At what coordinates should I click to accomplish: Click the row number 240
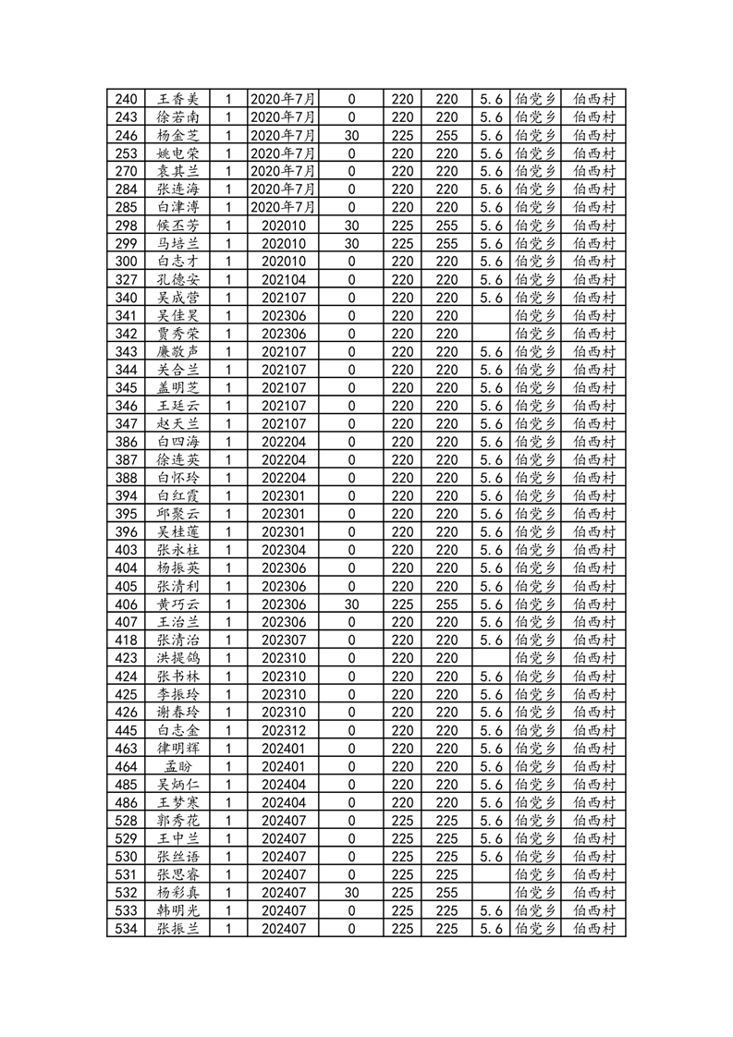128,99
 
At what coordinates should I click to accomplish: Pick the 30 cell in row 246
351,135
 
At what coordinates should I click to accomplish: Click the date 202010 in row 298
283,226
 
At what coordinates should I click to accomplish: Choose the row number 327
128,279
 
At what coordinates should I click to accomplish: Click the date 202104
283,279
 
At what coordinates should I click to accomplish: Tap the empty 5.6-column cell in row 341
491,315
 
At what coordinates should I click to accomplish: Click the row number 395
128,514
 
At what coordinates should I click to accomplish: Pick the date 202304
283,550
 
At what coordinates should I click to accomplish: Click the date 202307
283,640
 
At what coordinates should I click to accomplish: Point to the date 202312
283,730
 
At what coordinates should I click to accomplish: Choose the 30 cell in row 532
351,893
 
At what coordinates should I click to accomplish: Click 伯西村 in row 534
595,929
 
